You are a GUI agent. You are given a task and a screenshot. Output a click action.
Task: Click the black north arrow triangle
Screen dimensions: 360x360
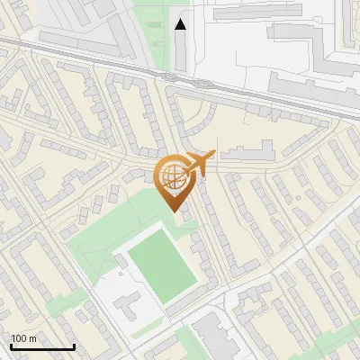click(x=181, y=24)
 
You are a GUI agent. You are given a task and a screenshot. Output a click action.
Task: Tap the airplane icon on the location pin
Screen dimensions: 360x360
click(x=199, y=164)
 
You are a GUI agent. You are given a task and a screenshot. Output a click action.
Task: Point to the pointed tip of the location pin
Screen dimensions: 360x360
click(x=175, y=209)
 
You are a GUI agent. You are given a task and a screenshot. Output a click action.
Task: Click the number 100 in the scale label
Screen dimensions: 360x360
click(x=19, y=337)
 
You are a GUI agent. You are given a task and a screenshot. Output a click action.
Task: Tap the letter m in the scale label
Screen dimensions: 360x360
click(x=32, y=337)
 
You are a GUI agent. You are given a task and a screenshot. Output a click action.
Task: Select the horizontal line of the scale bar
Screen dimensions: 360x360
click(x=42, y=346)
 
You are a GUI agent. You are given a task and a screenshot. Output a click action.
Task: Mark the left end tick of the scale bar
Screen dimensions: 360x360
click(x=11, y=345)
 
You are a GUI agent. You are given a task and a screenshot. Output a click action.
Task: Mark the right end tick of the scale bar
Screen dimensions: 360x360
click(x=74, y=345)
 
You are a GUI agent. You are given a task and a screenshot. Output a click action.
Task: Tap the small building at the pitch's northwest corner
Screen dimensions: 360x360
click(x=121, y=262)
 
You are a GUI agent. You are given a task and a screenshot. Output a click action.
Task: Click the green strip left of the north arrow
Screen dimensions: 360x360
click(x=157, y=36)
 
